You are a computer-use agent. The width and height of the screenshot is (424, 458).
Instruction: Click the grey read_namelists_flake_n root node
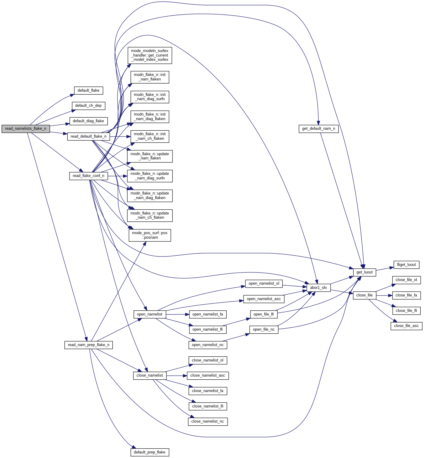[26, 129]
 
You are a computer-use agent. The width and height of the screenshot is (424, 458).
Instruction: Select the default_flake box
[89, 90]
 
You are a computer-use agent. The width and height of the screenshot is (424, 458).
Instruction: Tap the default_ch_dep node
[89, 106]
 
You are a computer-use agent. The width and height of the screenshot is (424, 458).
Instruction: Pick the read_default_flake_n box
[89, 136]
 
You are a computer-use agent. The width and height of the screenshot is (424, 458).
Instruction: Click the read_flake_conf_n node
[89, 176]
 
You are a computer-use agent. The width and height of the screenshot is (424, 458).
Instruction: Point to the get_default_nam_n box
[319, 129]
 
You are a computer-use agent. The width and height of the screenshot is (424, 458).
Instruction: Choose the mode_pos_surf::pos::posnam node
[150, 235]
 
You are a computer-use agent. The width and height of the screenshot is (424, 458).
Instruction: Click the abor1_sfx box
[319, 288]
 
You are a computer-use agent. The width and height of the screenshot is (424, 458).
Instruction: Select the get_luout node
[364, 272]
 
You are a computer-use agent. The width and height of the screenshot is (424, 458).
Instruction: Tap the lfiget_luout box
[406, 265]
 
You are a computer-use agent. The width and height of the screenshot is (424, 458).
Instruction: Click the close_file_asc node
[406, 326]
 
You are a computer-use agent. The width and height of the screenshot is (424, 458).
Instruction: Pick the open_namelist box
[150, 314]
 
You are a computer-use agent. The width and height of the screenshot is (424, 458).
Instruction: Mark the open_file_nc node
[264, 329]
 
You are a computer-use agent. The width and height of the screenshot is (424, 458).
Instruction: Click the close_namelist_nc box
[208, 421]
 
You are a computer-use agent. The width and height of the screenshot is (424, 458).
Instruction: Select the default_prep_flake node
[150, 452]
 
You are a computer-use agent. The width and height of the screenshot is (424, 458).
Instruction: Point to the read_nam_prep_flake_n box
[89, 345]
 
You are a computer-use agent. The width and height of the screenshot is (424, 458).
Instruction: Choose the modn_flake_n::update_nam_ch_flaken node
[150, 215]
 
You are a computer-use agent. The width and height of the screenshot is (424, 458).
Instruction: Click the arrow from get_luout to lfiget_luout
[385, 269]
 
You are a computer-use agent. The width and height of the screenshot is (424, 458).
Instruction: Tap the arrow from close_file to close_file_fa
[384, 295]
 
